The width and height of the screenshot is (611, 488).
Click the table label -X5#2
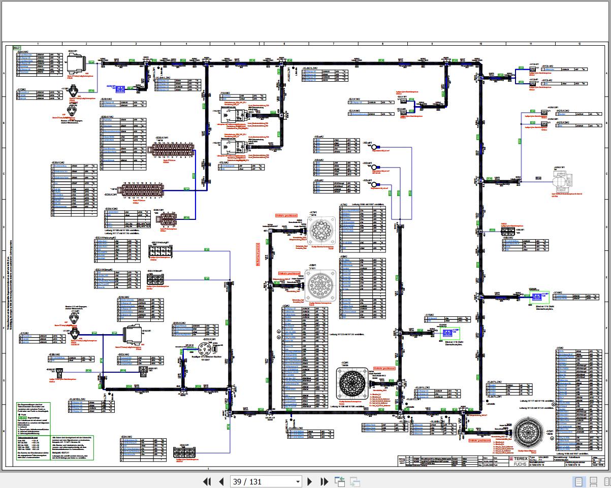click(560, 349)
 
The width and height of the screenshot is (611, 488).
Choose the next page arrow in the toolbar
click(310, 481)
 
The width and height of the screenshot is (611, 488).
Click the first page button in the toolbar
click(207, 481)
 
